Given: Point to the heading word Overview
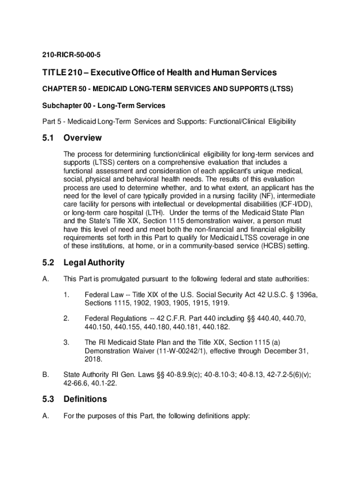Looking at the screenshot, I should click(82, 138).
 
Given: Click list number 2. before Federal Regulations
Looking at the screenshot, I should click(66, 319).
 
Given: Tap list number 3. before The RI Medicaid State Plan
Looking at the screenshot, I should click(66, 342).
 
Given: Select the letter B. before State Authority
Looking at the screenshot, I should click(46, 375).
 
